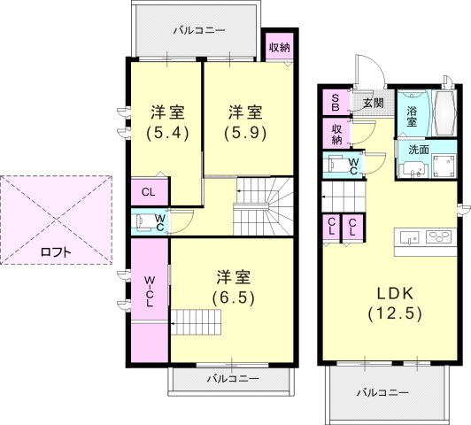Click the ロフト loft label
point(56,252)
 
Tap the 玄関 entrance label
point(374,103)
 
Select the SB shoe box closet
point(336,103)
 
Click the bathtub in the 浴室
point(444,113)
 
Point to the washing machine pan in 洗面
point(444,165)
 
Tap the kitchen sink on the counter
point(408,237)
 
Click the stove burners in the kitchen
point(440,236)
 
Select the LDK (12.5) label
point(395,304)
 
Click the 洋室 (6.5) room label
point(234,287)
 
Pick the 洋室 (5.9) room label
point(245,122)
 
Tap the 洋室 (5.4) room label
point(167,122)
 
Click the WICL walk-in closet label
point(150,291)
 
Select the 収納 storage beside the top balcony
point(280,47)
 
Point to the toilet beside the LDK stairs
point(336,164)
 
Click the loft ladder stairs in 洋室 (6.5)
point(196,322)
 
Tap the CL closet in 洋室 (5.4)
point(149,192)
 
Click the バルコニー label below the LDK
point(382,392)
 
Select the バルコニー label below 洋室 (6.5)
point(233,378)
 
